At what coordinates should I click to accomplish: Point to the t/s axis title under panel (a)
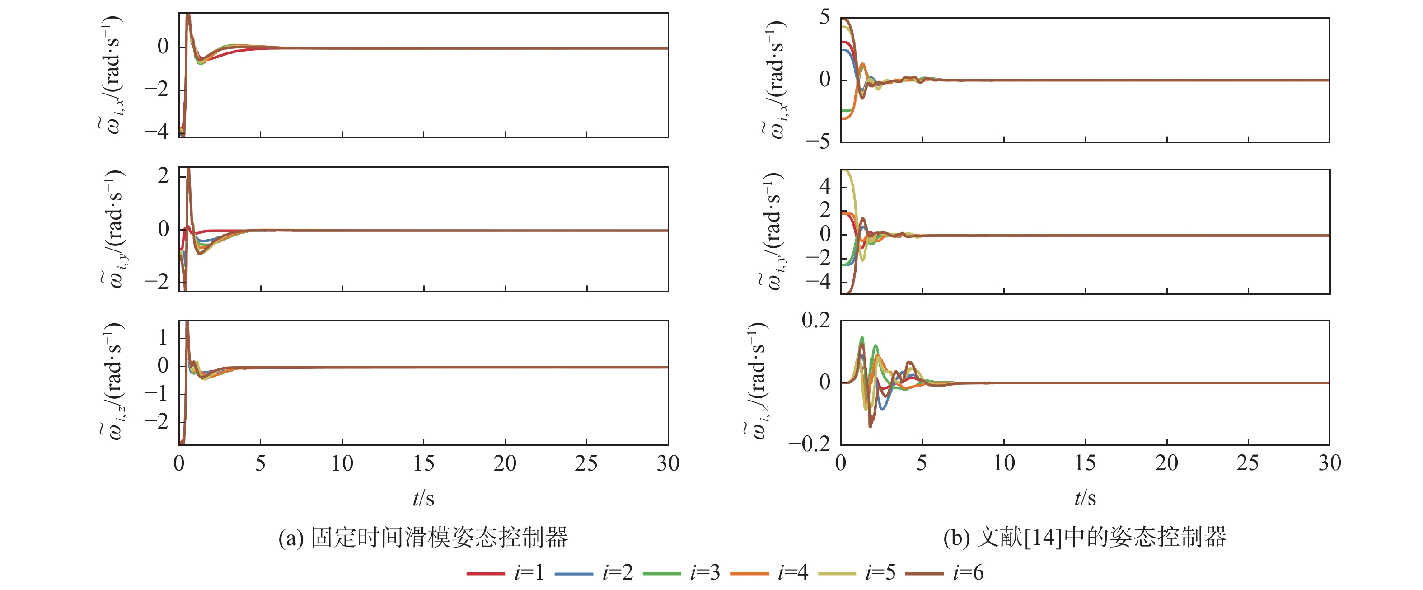click(423, 498)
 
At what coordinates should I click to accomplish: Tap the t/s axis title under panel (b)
click(1085, 498)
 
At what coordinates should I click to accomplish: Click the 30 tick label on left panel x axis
click(668, 463)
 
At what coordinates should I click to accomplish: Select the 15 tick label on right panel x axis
click(1085, 463)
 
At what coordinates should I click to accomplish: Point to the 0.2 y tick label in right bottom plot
click(815, 320)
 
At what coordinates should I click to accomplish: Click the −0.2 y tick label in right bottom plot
click(809, 444)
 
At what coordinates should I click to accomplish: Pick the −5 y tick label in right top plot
click(818, 142)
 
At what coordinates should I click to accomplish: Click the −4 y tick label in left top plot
click(156, 132)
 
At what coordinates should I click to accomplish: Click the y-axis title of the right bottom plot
click(757, 382)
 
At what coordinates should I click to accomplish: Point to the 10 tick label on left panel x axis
click(342, 463)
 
